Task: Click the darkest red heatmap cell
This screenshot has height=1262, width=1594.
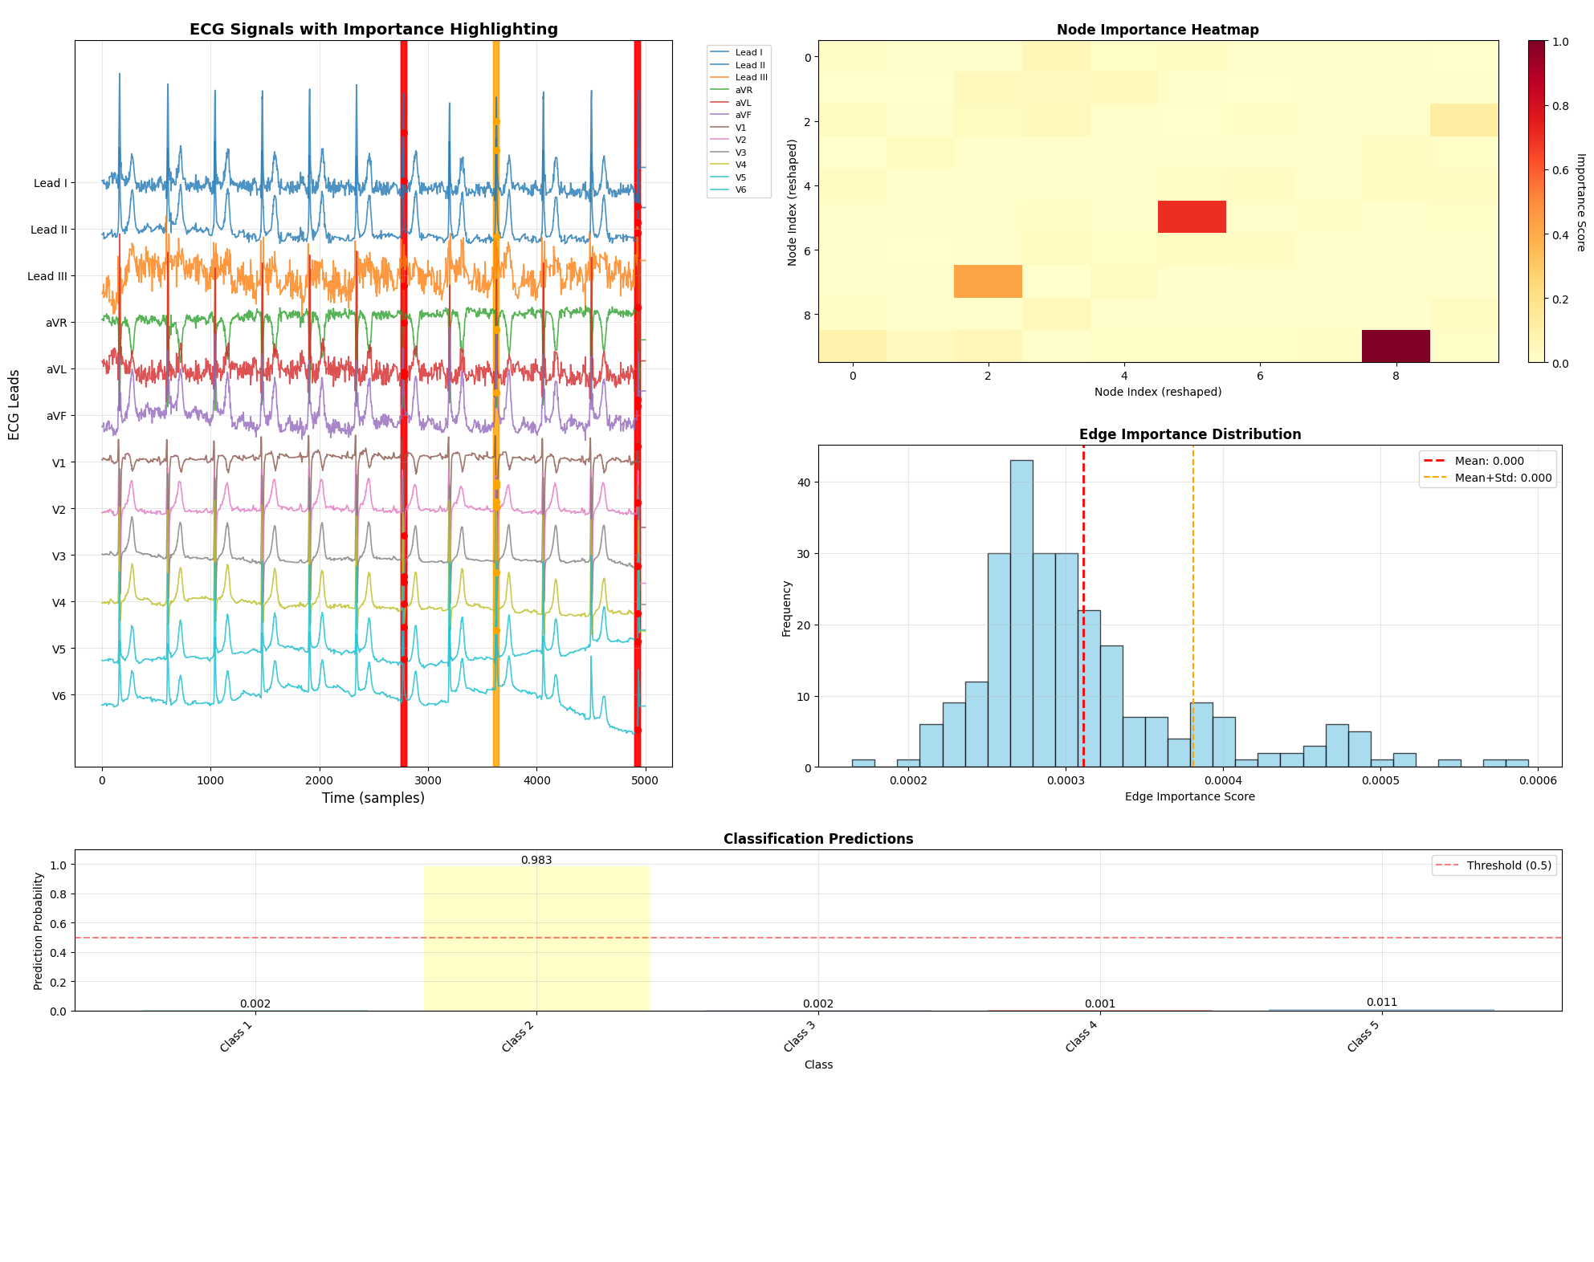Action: click(1396, 346)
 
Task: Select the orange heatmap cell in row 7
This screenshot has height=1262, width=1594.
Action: click(988, 282)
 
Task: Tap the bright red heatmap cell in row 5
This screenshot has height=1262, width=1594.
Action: click(1192, 217)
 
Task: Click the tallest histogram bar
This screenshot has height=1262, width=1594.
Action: click(1021, 614)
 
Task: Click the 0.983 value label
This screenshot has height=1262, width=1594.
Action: click(536, 860)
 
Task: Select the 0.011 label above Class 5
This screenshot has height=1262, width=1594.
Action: click(1382, 1002)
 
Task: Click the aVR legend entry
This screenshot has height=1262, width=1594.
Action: click(744, 90)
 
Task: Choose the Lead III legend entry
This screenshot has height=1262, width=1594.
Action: click(751, 77)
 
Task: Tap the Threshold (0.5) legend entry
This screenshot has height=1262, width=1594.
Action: click(1508, 865)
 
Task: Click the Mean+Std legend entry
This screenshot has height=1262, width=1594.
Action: click(1502, 478)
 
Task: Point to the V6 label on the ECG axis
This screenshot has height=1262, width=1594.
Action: click(59, 696)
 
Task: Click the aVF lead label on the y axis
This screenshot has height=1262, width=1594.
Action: click(56, 416)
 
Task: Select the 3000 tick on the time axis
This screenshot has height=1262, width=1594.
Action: click(428, 780)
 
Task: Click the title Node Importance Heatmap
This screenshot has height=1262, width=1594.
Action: click(1157, 30)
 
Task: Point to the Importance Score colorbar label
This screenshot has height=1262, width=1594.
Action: click(1580, 202)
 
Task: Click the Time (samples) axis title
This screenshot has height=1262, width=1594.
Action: click(373, 798)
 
